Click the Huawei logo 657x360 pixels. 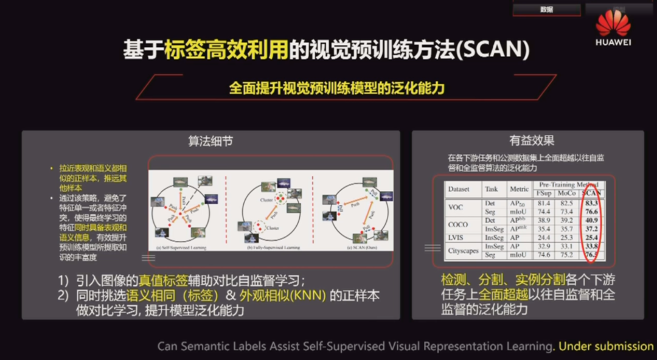[613, 27]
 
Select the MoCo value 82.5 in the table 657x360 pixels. [566, 202]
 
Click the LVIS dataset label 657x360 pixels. [456, 237]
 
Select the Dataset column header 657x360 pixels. [459, 189]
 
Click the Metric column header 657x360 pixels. [519, 189]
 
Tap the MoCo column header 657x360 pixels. [566, 193]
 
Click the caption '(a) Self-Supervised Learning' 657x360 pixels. [181, 248]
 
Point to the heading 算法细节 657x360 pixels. [210, 141]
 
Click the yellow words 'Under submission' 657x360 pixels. [606, 346]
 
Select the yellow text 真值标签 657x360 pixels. [162, 281]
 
